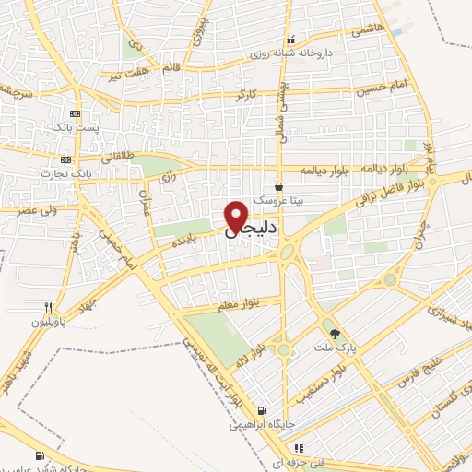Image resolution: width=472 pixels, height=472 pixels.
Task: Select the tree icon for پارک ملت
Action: point(335,334)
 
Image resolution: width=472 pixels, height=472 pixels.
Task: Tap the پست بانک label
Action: point(75,126)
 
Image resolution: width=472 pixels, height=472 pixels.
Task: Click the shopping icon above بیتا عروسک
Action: point(278,186)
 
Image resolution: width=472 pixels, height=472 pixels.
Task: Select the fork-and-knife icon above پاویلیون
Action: point(48,308)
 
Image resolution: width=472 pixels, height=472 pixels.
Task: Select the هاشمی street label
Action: point(366,30)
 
